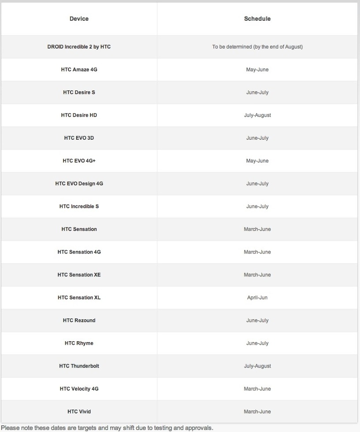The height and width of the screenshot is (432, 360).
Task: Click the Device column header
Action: (79, 19)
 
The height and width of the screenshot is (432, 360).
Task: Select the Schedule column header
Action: (257, 19)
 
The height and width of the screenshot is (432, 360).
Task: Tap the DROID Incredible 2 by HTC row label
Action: (79, 47)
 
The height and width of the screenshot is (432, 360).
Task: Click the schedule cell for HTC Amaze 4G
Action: (257, 70)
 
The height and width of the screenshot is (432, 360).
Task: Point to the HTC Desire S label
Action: (79, 93)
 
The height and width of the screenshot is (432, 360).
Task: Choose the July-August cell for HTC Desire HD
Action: (257, 115)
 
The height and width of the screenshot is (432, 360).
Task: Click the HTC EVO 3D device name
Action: (79, 138)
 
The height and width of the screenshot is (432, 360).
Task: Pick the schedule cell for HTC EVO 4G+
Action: (257, 161)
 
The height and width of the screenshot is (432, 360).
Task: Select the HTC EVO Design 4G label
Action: (79, 184)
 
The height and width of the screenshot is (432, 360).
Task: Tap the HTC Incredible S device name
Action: (79, 206)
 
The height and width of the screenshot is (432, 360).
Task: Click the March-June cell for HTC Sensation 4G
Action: (257, 252)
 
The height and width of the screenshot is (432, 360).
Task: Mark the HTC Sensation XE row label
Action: (79, 275)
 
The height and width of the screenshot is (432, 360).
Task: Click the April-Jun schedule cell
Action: (257, 298)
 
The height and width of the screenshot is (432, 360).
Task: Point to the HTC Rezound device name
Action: (79, 320)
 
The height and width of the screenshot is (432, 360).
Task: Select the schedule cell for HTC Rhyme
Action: (257, 343)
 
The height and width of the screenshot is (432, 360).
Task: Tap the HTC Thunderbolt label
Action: (79, 366)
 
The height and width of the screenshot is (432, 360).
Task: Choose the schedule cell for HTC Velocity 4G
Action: (257, 389)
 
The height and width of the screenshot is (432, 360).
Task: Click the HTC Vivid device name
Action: (79, 412)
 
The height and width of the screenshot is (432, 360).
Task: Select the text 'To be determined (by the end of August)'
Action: (257, 47)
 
